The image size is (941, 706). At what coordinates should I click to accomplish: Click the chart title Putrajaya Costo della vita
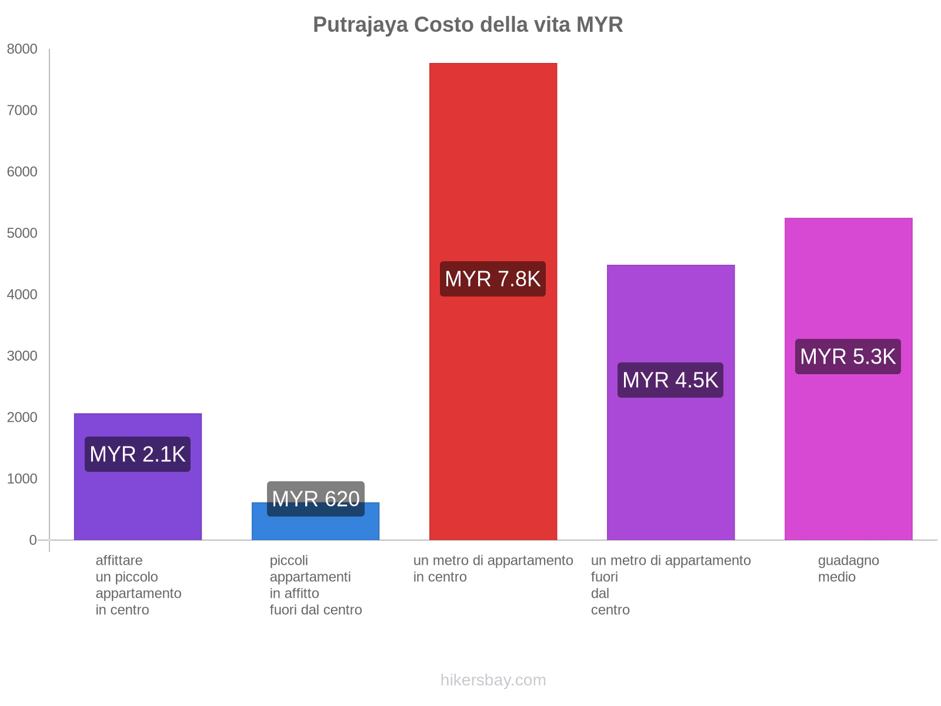468,25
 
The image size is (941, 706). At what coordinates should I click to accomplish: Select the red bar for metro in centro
493,176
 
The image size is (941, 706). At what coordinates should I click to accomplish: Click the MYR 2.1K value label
138,454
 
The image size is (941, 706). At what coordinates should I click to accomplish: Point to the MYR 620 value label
316,499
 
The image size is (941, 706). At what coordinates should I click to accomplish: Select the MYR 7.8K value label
493,279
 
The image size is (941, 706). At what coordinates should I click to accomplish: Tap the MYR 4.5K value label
670,380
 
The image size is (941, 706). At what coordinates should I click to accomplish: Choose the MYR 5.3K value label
848,357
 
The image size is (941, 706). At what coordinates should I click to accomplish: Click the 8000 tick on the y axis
22,49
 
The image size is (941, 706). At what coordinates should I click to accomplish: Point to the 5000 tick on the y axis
22,234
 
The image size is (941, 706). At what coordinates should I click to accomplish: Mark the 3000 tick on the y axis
22,356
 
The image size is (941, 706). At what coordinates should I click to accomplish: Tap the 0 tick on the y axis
33,540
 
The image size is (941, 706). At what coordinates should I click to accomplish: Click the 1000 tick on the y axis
22,479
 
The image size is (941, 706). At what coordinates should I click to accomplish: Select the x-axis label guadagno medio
848,568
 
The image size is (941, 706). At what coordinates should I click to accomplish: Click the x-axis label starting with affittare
138,585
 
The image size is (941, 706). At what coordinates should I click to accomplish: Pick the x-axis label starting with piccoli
316,585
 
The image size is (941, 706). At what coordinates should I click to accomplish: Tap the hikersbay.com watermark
493,680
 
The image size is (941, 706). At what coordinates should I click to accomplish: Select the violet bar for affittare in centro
138,500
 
